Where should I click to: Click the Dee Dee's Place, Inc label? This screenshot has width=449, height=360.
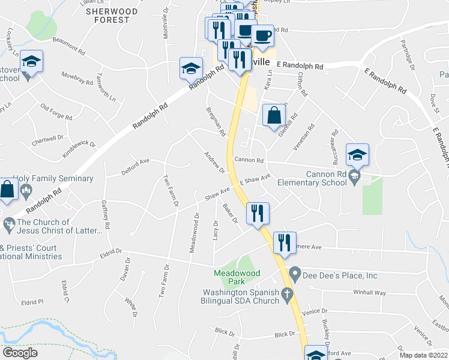point(340,276)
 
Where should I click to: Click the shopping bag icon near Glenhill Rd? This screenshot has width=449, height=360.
point(274,115)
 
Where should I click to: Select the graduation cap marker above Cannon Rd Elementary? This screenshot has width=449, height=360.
point(357,155)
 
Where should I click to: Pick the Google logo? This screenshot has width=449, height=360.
point(20,353)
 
